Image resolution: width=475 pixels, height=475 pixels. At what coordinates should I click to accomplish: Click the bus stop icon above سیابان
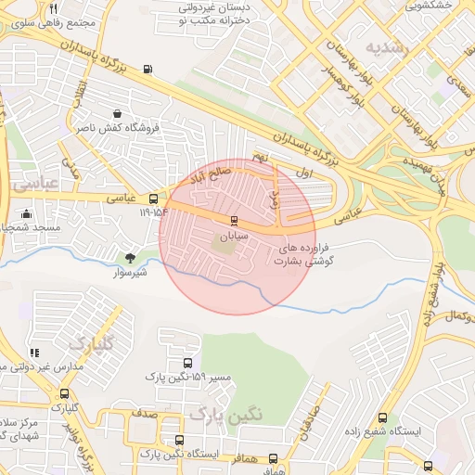[x=233, y=221]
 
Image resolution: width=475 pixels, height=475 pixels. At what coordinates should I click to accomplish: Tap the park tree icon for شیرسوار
[x=130, y=257]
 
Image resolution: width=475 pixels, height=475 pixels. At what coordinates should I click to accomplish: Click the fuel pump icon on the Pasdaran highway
[x=148, y=70]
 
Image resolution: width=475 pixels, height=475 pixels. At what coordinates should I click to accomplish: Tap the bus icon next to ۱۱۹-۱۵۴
[x=153, y=198]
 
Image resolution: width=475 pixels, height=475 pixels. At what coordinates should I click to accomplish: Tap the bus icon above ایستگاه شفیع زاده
[x=383, y=419]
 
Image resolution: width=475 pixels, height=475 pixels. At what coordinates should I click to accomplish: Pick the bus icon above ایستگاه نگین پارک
[x=180, y=441]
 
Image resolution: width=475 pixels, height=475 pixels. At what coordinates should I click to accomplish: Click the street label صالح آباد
[x=226, y=172]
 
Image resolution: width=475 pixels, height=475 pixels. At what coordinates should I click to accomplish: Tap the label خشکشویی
[x=429, y=6]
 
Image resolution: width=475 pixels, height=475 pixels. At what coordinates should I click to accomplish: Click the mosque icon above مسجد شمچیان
[x=25, y=214]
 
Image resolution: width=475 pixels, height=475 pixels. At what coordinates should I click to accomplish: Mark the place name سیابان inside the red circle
[x=230, y=237]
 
